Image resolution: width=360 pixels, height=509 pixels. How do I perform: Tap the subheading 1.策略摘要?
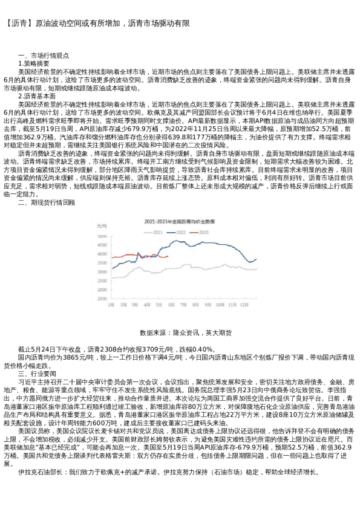click(39, 63)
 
